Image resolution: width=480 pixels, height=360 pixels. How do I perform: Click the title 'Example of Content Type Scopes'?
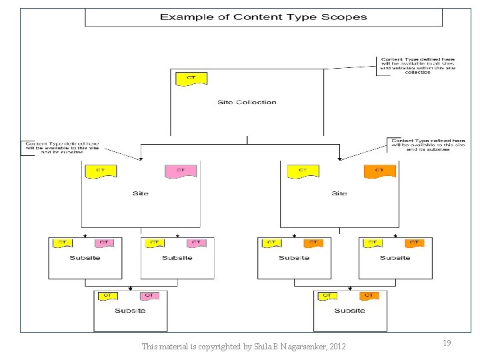click(263, 17)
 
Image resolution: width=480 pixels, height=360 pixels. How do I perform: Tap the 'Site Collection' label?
click(247, 102)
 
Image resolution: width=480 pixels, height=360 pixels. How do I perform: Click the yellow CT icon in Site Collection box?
click(191, 79)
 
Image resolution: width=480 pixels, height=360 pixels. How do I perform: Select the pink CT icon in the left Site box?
click(181, 171)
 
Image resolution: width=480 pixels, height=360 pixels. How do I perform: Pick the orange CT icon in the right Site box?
click(379, 171)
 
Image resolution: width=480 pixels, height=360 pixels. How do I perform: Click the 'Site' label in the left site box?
click(141, 193)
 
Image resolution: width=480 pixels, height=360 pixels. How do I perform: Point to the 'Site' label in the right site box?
click(339, 193)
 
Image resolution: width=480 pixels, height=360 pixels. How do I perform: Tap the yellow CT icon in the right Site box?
click(303, 171)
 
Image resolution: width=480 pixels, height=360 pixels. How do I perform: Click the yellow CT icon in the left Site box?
click(101, 171)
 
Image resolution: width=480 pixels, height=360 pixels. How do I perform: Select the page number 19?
click(447, 343)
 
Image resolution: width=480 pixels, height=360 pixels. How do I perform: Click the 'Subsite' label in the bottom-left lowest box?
click(130, 311)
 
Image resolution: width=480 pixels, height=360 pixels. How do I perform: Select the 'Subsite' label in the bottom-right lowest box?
click(349, 311)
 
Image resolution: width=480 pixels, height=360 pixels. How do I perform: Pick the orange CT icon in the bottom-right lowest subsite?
click(369, 296)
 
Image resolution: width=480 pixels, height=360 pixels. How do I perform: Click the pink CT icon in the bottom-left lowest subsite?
click(149, 296)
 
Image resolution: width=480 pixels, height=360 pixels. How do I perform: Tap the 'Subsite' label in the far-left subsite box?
click(85, 258)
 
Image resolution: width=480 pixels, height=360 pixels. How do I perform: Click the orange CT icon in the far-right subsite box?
click(414, 243)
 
